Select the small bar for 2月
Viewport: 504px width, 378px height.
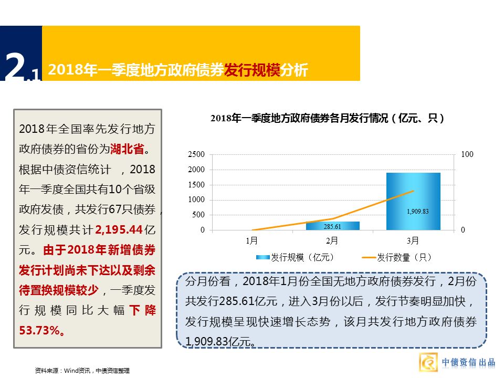coord(332,226)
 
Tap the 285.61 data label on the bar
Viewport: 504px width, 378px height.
coord(332,227)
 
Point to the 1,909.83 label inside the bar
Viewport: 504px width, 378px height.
coord(417,212)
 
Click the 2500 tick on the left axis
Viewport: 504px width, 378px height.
coord(196,155)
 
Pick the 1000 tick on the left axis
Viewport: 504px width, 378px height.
coord(196,200)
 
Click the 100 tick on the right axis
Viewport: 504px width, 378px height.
coord(467,155)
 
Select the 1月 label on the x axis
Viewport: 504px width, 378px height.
coord(251,241)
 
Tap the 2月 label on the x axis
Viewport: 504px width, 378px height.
coord(332,241)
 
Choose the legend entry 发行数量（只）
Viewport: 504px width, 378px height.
coord(396,257)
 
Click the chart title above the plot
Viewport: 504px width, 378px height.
coord(328,119)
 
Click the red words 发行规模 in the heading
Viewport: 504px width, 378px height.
coord(252,70)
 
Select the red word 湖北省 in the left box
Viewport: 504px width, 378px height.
coord(127,149)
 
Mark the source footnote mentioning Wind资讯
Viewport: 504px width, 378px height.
coord(81,371)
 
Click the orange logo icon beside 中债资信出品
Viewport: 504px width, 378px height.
coord(428,363)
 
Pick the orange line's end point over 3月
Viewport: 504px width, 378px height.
coord(414,191)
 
